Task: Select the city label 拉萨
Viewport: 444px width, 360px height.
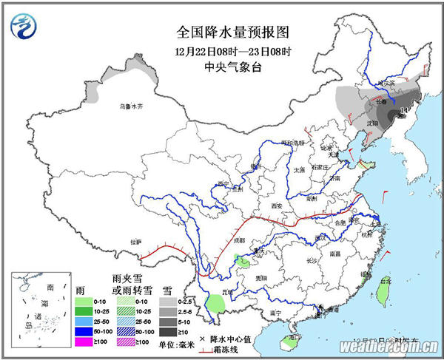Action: tap(135, 242)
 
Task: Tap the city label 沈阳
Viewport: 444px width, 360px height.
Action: tap(372, 122)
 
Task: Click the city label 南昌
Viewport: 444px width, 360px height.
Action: tap(335, 254)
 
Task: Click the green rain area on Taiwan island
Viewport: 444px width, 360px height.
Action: tap(383, 294)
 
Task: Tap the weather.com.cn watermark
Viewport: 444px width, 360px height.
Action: tap(388, 346)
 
